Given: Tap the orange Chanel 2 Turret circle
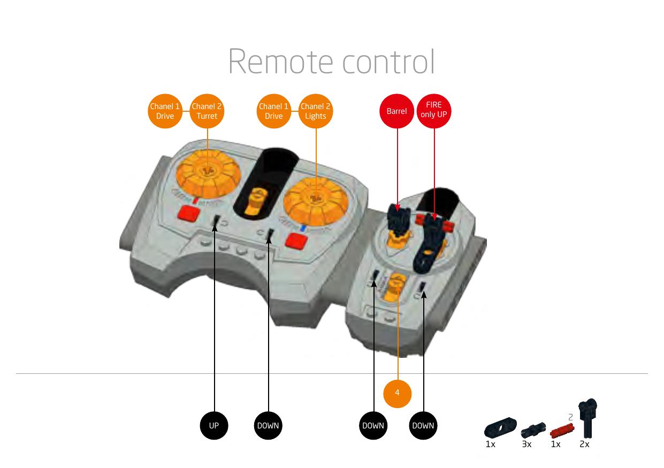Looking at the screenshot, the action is pyautogui.click(x=207, y=111).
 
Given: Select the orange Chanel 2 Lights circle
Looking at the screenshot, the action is pyautogui.click(x=316, y=111).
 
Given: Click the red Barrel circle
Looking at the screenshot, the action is pyautogui.click(x=396, y=111).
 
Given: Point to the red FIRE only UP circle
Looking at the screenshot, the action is pyautogui.click(x=434, y=111).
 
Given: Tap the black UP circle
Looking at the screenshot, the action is pyautogui.click(x=214, y=426).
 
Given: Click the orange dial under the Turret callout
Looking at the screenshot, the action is pyautogui.click(x=209, y=174).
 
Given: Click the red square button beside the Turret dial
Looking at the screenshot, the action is pyautogui.click(x=189, y=213).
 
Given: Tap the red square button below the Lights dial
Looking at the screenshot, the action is pyautogui.click(x=296, y=241).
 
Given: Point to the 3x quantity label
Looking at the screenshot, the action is pyautogui.click(x=526, y=444).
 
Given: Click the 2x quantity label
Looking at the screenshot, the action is pyautogui.click(x=584, y=444).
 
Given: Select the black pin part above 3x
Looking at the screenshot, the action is pyautogui.click(x=533, y=430).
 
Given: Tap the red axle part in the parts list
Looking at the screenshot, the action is pyautogui.click(x=562, y=431).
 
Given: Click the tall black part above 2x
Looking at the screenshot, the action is pyautogui.click(x=588, y=418).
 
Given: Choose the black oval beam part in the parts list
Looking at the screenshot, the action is pyautogui.click(x=500, y=427).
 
